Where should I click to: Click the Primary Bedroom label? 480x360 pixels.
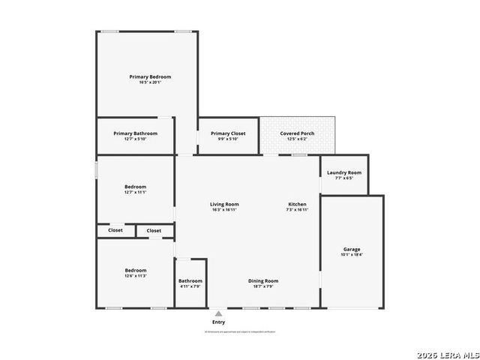point(150,76)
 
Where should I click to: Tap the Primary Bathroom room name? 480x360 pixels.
point(135,133)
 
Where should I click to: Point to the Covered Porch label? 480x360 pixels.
point(297,133)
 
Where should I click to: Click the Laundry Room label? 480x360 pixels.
point(343,172)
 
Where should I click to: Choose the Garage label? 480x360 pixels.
point(352,249)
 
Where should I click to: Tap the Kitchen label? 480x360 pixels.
point(298,204)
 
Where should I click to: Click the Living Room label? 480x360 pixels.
point(224,204)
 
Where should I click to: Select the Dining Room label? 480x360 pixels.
point(263,280)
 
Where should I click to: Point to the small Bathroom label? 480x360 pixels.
point(190,280)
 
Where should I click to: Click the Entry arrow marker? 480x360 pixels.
point(218,313)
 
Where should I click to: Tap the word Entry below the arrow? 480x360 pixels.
point(218,322)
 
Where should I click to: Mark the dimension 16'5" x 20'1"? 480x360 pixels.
point(150,82)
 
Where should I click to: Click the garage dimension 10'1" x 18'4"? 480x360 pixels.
point(352,255)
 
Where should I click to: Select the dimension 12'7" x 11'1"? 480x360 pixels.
point(135,192)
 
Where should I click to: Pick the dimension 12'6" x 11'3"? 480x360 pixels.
point(135,276)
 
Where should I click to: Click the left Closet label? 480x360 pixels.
point(115,230)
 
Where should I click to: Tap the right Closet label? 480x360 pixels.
point(154,230)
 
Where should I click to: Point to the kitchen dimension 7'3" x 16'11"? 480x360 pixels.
point(298,210)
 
